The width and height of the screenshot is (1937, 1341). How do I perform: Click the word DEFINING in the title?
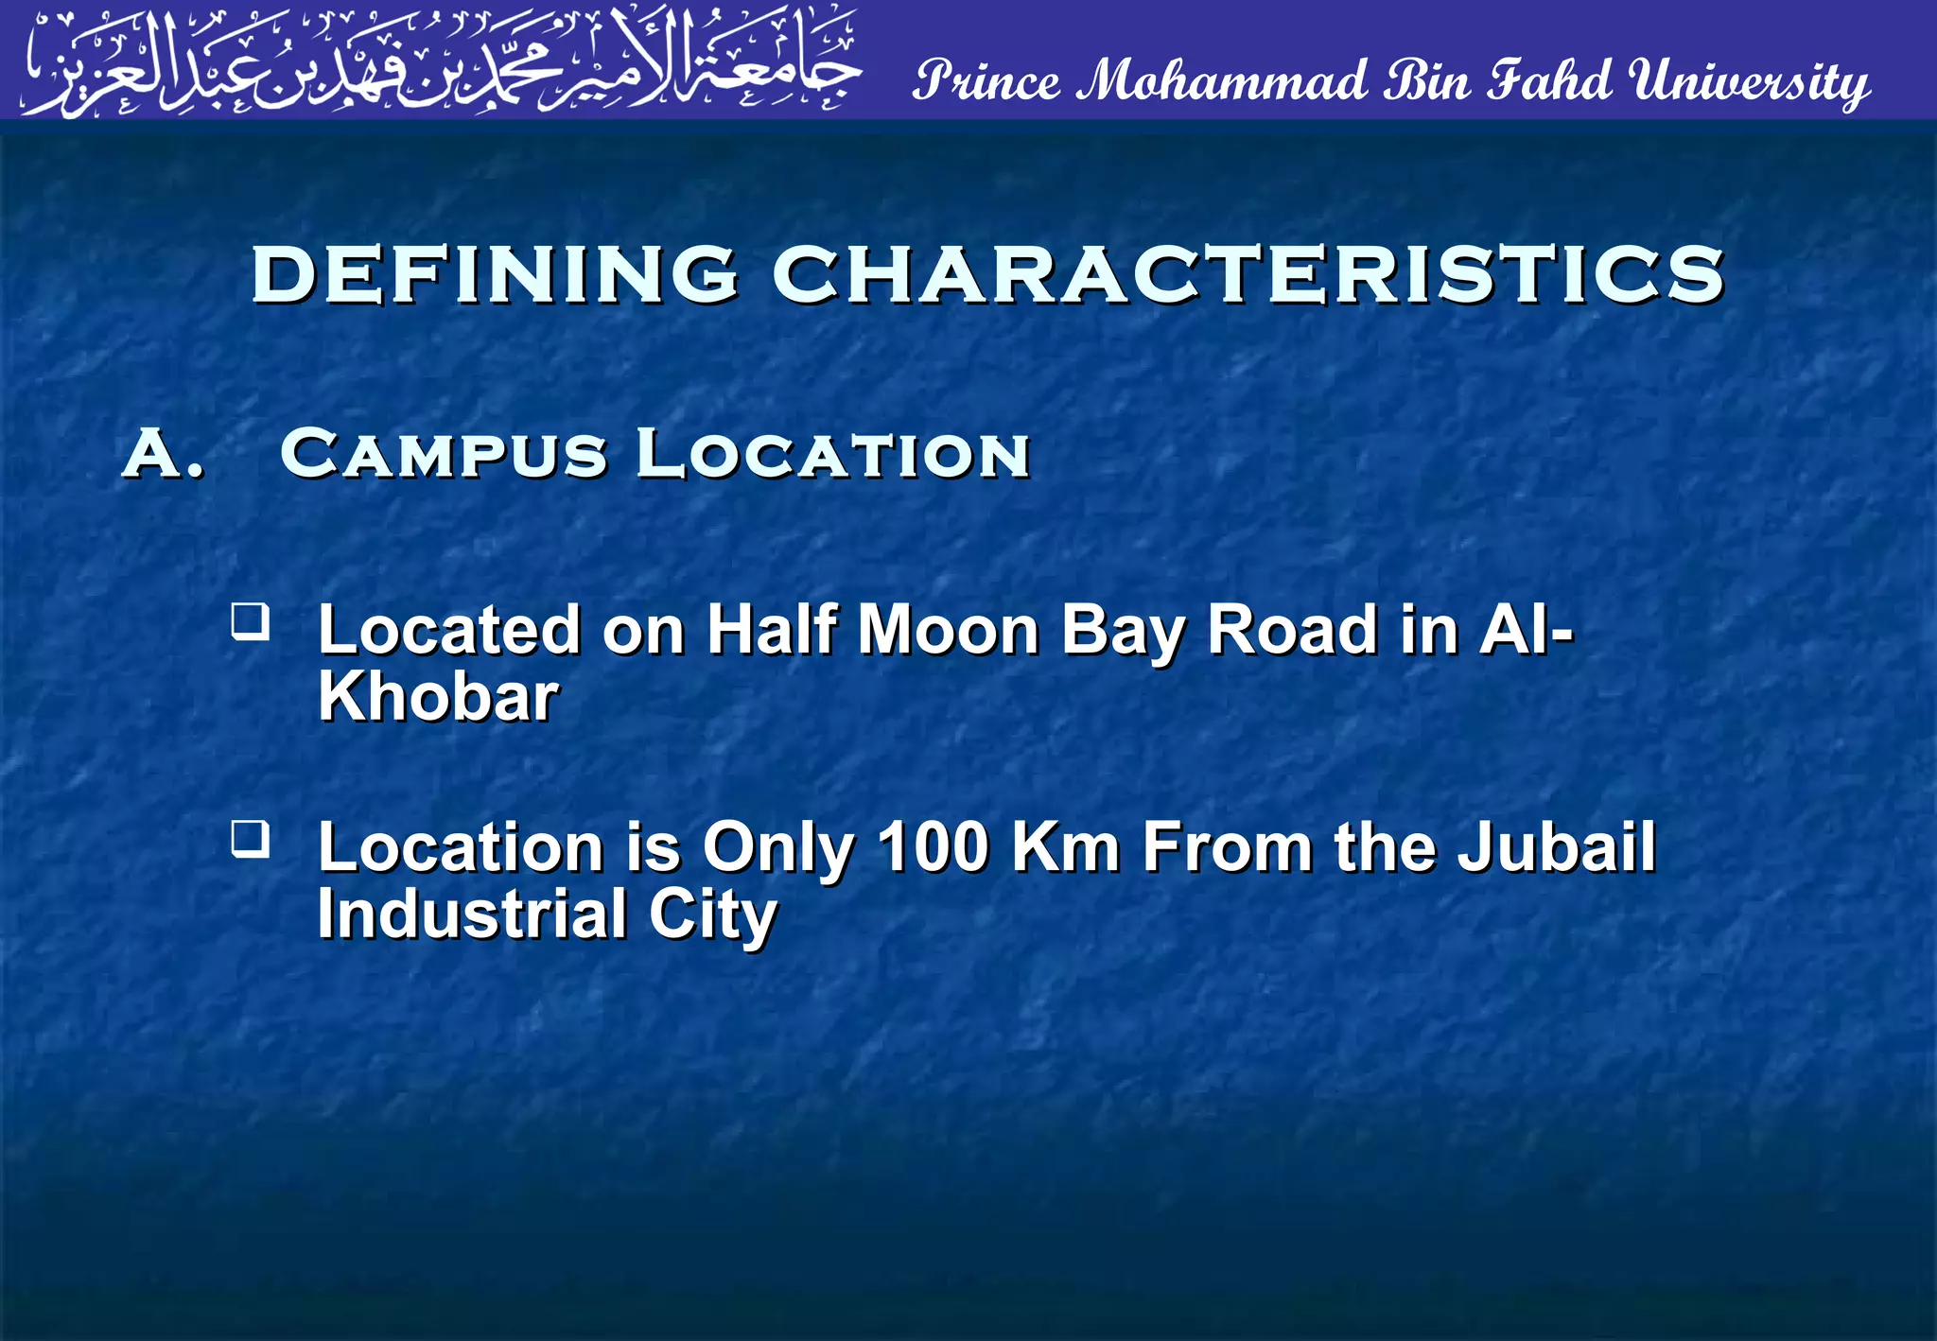click(494, 274)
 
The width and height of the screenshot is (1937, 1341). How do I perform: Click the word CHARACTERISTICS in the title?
click(1248, 274)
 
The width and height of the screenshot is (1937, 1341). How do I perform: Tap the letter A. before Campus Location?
click(163, 454)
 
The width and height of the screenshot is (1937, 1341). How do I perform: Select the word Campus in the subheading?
click(443, 454)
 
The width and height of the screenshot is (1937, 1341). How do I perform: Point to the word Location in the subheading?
click(832, 454)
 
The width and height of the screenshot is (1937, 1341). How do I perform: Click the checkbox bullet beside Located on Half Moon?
click(251, 622)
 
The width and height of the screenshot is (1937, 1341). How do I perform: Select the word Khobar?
click(438, 698)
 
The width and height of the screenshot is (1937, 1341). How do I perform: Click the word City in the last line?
click(712, 914)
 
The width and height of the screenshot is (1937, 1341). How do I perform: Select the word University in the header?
click(1749, 81)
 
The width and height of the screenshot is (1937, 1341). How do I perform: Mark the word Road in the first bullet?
click(1293, 630)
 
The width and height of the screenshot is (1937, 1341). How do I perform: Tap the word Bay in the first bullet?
click(1123, 630)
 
